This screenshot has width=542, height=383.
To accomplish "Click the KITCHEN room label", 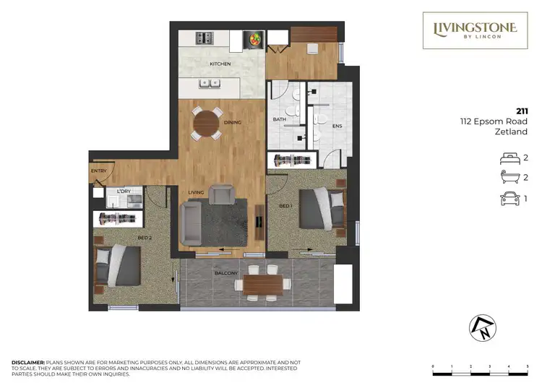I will point(220,64).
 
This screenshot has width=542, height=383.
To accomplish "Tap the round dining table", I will point(207,123).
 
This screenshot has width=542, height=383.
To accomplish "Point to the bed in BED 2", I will point(119,264).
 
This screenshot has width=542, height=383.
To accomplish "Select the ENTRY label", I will point(98,171).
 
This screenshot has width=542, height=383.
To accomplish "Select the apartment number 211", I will point(522,111).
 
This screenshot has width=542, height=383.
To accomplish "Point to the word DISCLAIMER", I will point(27,361).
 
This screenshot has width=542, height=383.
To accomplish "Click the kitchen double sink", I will point(211,83).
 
